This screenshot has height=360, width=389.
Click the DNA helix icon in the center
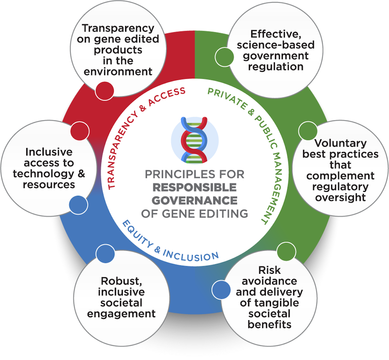click(194, 139)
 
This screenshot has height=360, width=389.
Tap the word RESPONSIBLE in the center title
click(194, 187)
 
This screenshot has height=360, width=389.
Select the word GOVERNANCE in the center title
click(194, 200)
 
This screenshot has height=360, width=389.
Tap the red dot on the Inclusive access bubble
click(79, 131)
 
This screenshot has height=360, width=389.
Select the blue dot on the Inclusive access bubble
click(78, 204)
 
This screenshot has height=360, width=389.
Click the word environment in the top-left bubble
click(118, 71)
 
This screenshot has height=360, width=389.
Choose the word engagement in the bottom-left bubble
click(121, 314)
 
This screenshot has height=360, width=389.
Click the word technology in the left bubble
click(44, 174)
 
